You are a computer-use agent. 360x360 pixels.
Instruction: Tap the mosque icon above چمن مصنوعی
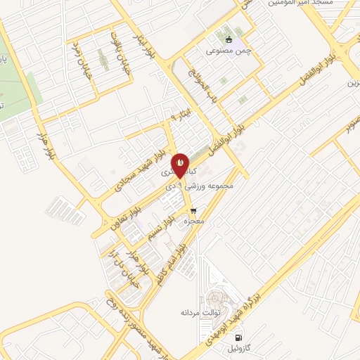[x=228, y=39]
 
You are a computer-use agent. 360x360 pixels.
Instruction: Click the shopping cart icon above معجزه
[x=193, y=210]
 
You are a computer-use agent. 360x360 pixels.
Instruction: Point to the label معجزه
[x=193, y=221]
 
